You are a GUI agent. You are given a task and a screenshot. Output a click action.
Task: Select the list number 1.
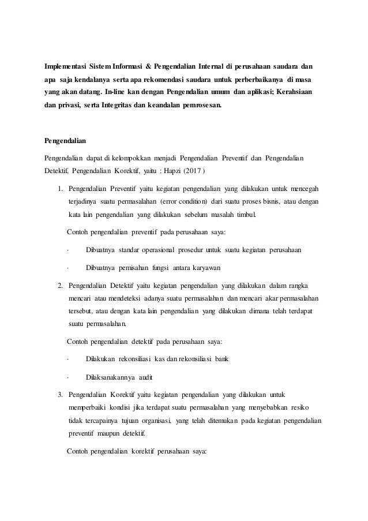[x=59, y=189]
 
